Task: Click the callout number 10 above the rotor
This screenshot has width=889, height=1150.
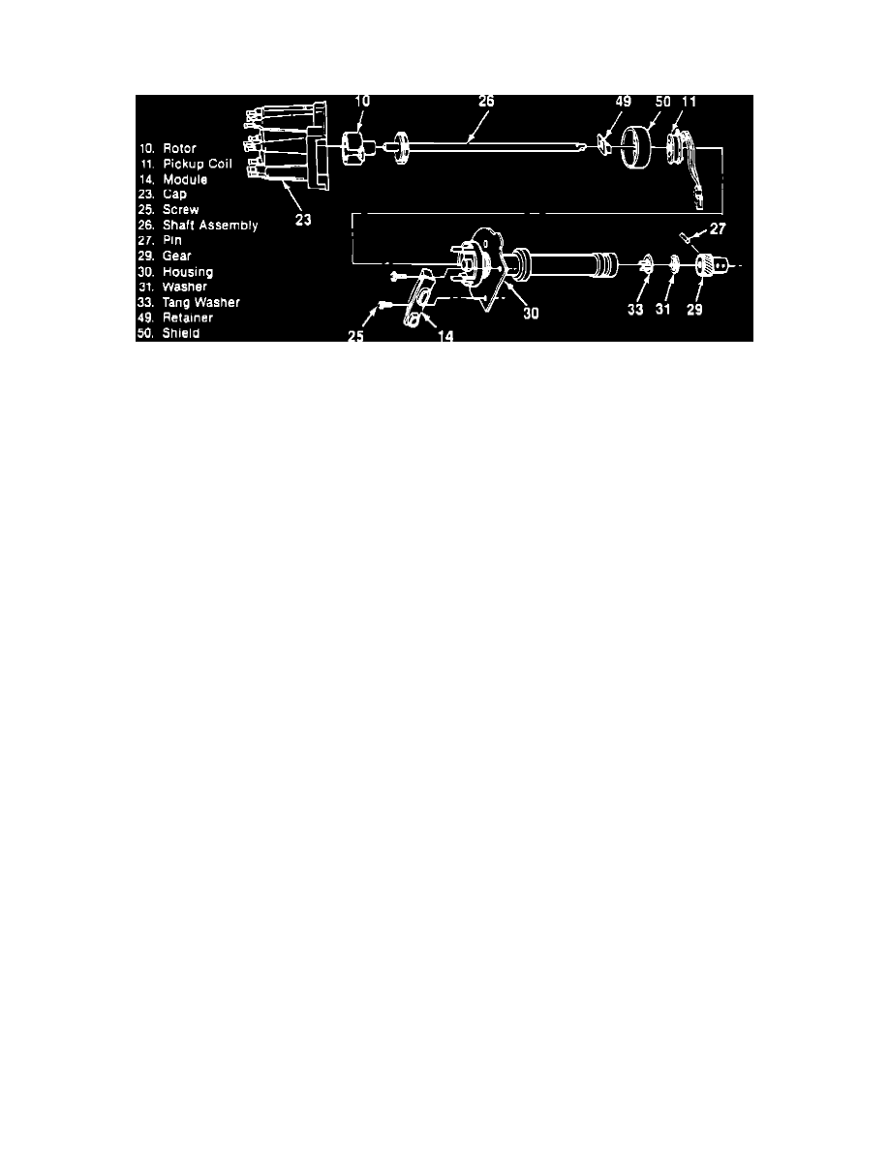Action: [x=361, y=102]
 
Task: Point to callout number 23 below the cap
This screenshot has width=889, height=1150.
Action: [x=303, y=219]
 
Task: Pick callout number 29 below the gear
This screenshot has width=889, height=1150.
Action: [x=694, y=310]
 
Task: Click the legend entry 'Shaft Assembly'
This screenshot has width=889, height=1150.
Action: [x=210, y=226]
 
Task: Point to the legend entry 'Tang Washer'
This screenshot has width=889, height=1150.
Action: [x=201, y=302]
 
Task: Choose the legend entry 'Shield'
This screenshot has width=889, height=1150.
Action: [x=182, y=333]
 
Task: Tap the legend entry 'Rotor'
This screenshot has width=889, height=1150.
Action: [x=179, y=148]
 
